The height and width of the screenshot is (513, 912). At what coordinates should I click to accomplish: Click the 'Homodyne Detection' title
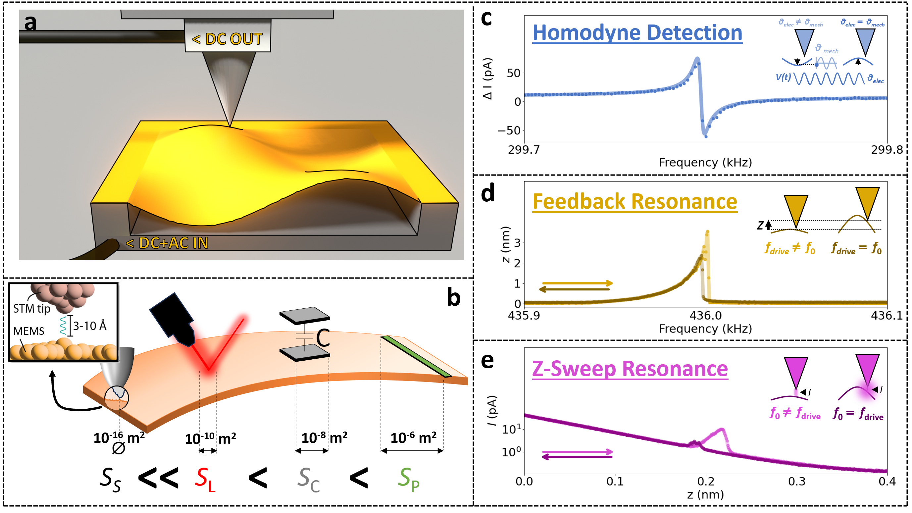(x=637, y=32)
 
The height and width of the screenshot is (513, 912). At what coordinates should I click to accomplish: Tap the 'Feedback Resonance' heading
(x=634, y=202)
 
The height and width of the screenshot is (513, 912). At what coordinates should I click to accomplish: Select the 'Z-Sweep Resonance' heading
(x=630, y=369)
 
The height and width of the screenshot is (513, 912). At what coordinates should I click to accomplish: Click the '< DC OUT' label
(x=227, y=39)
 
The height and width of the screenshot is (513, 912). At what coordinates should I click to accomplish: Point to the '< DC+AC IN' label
(x=167, y=243)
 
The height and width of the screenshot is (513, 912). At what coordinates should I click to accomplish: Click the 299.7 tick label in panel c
(x=524, y=150)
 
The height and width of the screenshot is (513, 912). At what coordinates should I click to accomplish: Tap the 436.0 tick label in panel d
(x=705, y=315)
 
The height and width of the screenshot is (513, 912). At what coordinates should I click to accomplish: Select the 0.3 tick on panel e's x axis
(x=796, y=482)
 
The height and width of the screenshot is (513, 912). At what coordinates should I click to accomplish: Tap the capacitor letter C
(x=323, y=338)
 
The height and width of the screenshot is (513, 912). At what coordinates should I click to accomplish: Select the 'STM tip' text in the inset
(x=32, y=309)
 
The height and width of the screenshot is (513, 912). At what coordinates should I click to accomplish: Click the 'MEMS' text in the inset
(x=29, y=331)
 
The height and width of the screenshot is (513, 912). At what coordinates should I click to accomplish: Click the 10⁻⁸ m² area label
(x=324, y=437)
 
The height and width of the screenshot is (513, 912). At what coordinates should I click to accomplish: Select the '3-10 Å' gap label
(x=89, y=326)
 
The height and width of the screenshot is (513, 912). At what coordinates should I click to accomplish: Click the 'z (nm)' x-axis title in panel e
(x=705, y=494)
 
